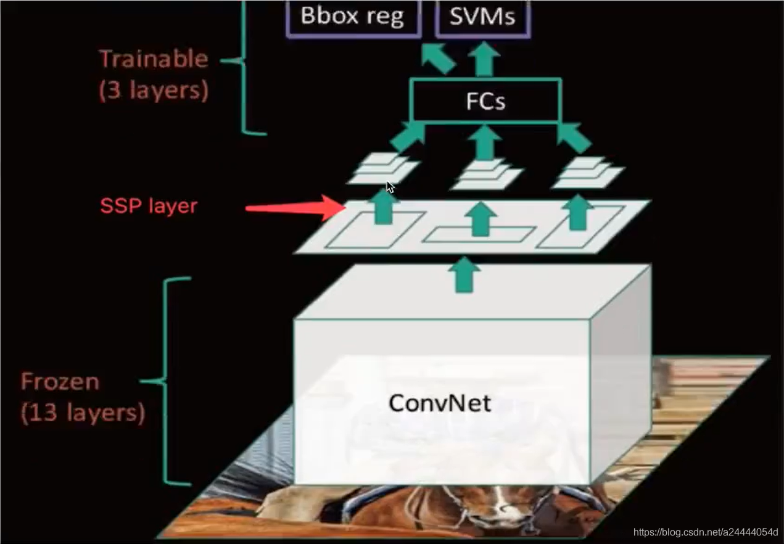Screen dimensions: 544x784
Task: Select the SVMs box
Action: point(482,17)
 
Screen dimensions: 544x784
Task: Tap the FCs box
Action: point(486,101)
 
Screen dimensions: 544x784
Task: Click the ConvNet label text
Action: point(440,403)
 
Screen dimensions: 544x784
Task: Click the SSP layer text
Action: point(149,205)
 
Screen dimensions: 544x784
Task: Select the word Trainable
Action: point(154,59)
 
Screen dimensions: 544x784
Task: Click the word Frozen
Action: point(60,382)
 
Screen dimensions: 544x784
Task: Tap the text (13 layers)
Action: point(83,413)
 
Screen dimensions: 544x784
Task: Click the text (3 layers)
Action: point(154,91)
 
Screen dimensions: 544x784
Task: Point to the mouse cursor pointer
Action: point(390,188)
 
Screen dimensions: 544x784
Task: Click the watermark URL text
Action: point(706,532)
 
